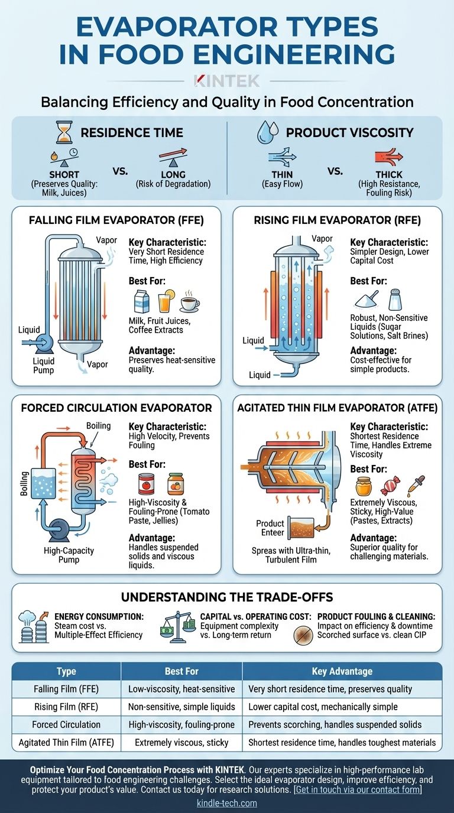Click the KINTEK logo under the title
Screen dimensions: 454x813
(x=227, y=81)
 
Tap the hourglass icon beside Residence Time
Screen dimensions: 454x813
(x=64, y=132)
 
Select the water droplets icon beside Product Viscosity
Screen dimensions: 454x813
(x=268, y=132)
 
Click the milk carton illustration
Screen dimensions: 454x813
(x=141, y=301)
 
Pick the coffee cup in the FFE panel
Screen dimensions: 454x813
(x=189, y=302)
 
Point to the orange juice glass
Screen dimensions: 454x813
(x=166, y=301)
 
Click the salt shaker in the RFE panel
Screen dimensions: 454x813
(x=395, y=299)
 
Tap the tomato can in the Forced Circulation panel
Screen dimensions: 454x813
(x=147, y=484)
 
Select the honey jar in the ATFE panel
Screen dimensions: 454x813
(x=363, y=486)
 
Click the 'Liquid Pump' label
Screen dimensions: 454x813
(x=44, y=366)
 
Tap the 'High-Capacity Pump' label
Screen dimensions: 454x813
(x=69, y=555)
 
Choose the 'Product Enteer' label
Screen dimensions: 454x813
(x=270, y=528)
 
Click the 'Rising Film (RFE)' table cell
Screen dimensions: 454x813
(x=66, y=706)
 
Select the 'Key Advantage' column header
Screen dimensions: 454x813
(x=342, y=671)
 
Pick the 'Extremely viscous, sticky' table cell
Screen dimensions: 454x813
(x=181, y=742)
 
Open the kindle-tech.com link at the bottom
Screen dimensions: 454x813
(x=227, y=803)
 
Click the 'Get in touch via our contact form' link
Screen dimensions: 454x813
(x=358, y=789)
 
